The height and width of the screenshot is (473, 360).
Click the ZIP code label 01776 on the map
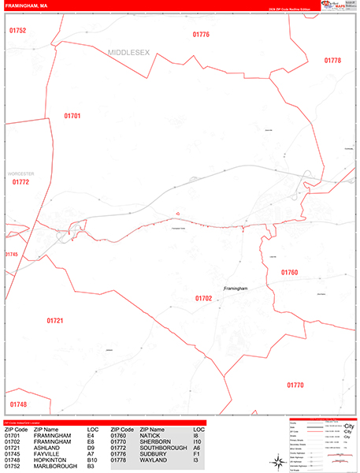tap(201, 35)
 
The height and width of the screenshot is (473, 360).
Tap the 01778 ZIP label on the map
tap(332, 61)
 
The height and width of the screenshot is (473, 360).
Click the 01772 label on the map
tap(20, 182)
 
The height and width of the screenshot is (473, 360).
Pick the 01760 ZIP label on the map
tap(290, 272)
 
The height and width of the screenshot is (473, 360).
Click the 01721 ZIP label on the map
tap(54, 321)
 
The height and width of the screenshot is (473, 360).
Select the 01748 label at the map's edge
tap(18, 405)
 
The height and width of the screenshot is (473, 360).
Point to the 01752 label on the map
tap(18, 31)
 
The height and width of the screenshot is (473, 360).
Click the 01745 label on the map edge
tap(11, 255)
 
